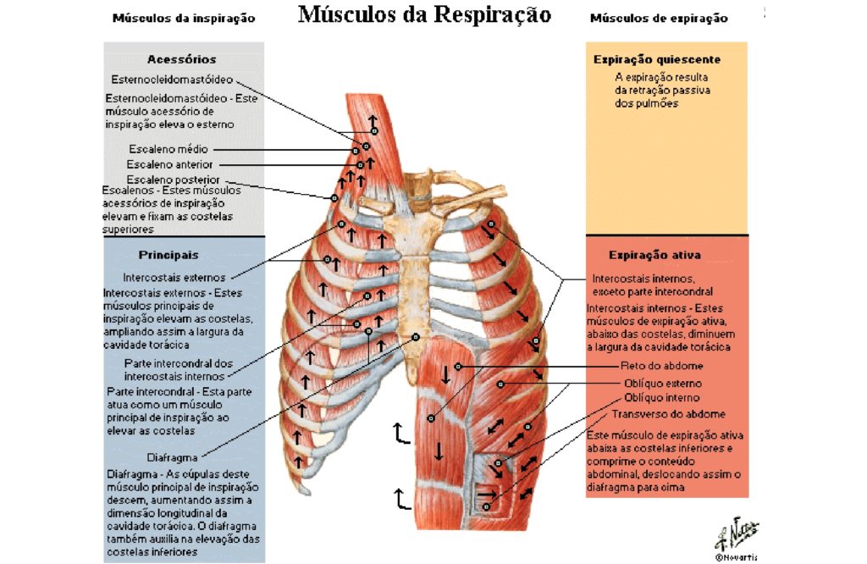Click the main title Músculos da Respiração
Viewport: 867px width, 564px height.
pos(425,15)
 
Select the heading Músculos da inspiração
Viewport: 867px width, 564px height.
pos(184,19)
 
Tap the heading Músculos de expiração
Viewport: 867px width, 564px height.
pos(659,19)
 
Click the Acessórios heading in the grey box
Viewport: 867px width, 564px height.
pos(181,59)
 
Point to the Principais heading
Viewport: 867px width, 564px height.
pos(168,255)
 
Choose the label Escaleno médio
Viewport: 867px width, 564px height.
pos(168,149)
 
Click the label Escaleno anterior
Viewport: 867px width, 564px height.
pos(169,165)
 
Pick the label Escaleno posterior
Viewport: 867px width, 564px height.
pos(173,180)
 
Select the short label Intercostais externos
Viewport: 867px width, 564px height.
pos(174,278)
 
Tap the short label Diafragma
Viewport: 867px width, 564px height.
pos(172,458)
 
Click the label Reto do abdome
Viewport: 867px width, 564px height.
pos(662,366)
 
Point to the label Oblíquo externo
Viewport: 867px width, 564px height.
pos(663,383)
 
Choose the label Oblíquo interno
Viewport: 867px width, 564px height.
pos(662,397)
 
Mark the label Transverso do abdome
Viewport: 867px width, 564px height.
pos(669,414)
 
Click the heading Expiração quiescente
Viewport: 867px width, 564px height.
pos(657,59)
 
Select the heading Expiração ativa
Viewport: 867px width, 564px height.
pos(654,255)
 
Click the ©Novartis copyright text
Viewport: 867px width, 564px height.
pos(736,557)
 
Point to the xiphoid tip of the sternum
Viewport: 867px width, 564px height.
pos(411,382)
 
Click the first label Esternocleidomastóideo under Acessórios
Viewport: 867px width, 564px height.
pos(172,80)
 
